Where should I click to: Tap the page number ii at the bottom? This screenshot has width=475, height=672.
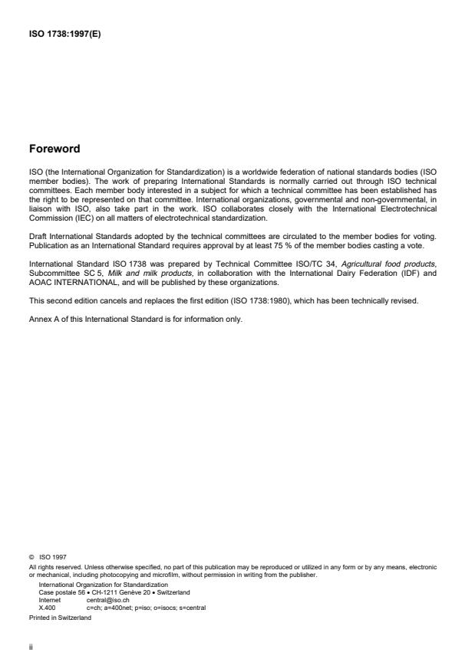pos(31,646)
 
